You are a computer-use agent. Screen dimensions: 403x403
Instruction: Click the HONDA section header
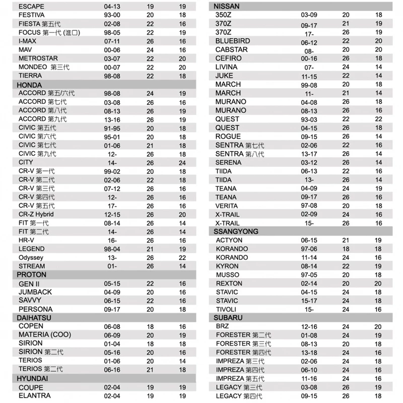click(29, 85)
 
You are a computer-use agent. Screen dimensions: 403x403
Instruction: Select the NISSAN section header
click(227, 6)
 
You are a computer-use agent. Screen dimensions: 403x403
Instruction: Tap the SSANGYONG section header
click(236, 231)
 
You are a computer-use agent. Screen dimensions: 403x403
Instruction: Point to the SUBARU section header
click(228, 318)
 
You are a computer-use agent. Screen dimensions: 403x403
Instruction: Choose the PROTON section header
click(31, 275)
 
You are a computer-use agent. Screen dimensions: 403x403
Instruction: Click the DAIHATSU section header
click(34, 318)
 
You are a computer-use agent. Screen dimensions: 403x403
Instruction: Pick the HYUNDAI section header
click(32, 378)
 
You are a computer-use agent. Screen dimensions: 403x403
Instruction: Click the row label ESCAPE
click(31, 7)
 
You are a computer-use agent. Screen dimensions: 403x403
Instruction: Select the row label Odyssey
click(31, 257)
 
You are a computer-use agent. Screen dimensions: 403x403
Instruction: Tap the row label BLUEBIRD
click(232, 41)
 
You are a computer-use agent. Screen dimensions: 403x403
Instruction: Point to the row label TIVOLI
click(226, 309)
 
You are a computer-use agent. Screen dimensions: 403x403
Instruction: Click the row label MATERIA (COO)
click(44, 335)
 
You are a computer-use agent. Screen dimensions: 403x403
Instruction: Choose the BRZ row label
click(222, 326)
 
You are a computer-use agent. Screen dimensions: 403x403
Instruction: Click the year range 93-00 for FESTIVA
click(112, 15)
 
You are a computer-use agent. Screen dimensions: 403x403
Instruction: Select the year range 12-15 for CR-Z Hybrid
click(112, 214)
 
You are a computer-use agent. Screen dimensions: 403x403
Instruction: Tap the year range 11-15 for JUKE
click(309, 76)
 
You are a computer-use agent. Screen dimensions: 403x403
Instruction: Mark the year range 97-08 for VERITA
click(309, 206)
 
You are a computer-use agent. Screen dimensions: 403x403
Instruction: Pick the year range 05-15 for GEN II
click(112, 284)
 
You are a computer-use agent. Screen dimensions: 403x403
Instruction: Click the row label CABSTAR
click(232, 49)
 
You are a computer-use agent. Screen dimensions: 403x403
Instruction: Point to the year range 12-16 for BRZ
click(309, 326)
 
